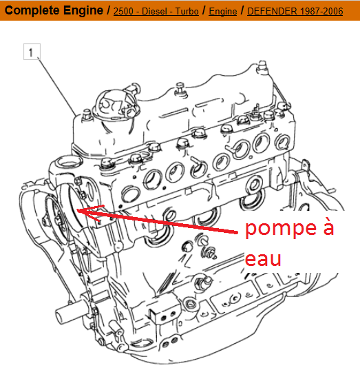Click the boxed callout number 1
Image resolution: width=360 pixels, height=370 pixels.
(32, 52)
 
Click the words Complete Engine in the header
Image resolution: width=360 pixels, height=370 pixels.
(54, 10)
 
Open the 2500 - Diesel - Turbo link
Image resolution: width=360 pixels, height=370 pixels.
(156, 11)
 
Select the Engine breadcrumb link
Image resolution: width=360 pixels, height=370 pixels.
(223, 11)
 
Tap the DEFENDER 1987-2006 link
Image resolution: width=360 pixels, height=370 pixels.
(295, 11)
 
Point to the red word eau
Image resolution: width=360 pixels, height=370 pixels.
(263, 259)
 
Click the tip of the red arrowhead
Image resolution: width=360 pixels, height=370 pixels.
(77, 209)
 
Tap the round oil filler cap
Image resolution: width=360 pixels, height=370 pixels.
(117, 105)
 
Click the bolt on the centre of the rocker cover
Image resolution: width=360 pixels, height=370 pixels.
(180, 89)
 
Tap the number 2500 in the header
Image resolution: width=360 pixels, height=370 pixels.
(123, 11)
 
